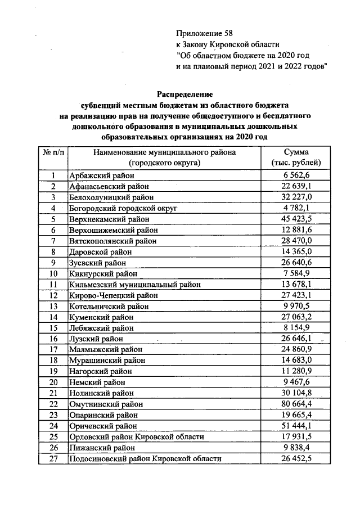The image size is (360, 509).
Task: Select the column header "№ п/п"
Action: [x=53, y=152]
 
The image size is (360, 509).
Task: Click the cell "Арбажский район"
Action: [x=97, y=176]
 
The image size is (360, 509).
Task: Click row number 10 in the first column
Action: [x=53, y=274]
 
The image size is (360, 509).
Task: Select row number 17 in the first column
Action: [x=53, y=350]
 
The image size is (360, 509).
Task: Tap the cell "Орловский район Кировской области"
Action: [x=136, y=436]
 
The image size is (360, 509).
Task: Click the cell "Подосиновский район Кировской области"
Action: [x=144, y=458]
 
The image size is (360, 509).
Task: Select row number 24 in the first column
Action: [x=53, y=426]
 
